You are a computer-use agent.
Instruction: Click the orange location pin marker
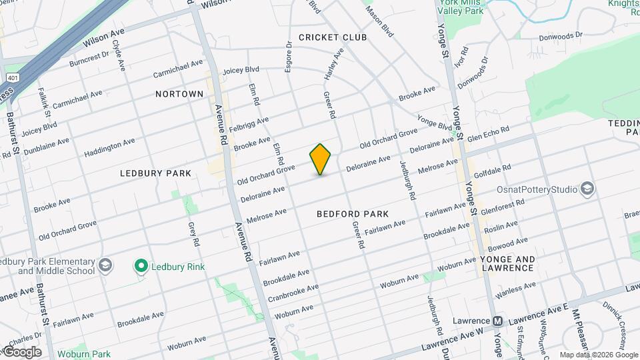coord(321,159)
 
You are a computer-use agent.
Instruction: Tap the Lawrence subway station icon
coord(497,321)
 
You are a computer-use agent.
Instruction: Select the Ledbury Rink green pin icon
coord(141,267)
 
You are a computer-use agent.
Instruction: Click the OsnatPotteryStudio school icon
coord(587,189)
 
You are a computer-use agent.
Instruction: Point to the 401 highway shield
coord(9,77)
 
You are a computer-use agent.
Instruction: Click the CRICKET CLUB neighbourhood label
coord(333,37)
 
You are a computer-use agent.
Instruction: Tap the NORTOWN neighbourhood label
coord(179,94)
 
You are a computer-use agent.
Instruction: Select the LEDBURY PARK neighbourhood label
coord(155,173)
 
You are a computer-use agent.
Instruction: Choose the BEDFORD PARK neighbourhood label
coord(353,214)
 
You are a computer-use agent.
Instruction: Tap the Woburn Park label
coord(83,353)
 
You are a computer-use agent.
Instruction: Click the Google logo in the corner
coord(21,352)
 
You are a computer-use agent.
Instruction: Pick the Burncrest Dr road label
coord(89,59)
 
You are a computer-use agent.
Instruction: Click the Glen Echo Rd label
coord(488,133)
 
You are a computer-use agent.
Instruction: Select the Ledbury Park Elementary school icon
coord(105,266)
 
